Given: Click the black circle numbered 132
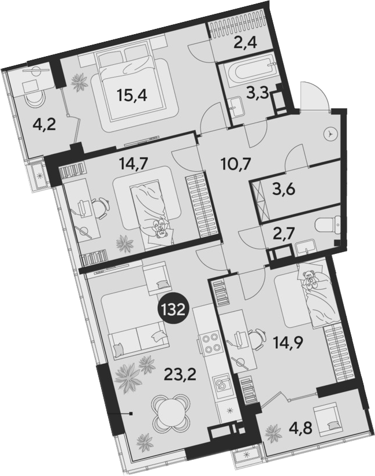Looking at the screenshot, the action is point(173,310).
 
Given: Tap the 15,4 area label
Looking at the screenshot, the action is point(132,97).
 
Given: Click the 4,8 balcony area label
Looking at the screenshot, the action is point(301,430).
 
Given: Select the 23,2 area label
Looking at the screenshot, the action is point(180,376).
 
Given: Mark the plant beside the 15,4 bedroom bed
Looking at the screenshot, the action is point(80,82).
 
